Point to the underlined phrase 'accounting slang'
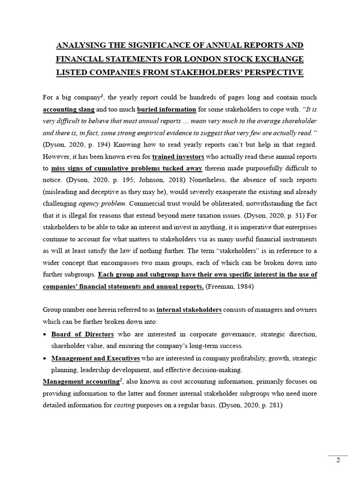coord(68,110)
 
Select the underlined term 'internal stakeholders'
coord(189,310)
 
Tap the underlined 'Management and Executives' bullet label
coord(96,359)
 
